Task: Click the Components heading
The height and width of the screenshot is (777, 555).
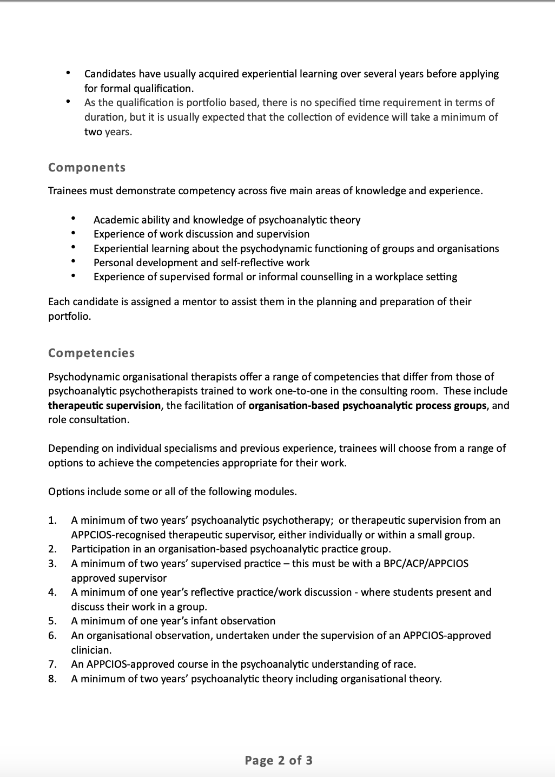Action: pos(87,168)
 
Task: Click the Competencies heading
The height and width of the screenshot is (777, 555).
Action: pos(91,353)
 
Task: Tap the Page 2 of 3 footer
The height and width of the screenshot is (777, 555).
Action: pos(278,760)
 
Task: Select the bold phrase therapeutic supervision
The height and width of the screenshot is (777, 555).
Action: pos(104,405)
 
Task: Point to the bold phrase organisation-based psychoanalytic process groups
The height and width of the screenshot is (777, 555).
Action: pos(367,405)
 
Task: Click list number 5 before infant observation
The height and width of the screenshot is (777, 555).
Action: pos(52,621)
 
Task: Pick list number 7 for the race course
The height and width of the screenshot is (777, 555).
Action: pos(52,664)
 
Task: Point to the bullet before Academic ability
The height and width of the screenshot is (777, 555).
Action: pos(73,219)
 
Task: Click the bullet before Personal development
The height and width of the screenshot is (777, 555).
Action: pos(73,262)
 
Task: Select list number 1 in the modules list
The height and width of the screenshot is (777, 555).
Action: pos(52,521)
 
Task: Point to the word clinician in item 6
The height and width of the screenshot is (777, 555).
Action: pos(91,650)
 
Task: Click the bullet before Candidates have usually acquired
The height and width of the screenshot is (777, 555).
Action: pos(68,73)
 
